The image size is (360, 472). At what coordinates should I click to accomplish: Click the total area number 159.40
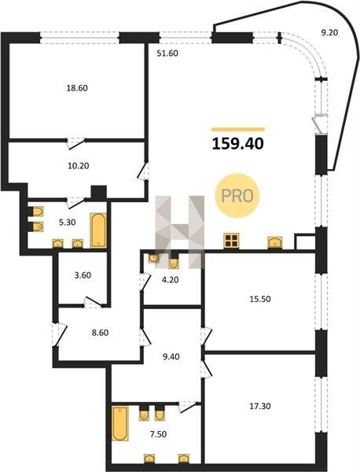(x=238, y=144)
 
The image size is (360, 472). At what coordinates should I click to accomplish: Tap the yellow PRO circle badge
(x=237, y=196)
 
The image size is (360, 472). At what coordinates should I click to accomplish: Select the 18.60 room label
(x=77, y=88)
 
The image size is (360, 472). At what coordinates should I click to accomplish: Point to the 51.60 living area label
(x=167, y=53)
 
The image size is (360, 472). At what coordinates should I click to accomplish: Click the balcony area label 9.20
(x=329, y=32)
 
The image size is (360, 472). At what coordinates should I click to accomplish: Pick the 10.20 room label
(x=78, y=165)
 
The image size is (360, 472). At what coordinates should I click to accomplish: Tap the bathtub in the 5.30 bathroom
(x=98, y=230)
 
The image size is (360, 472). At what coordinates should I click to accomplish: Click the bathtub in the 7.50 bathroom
(x=120, y=423)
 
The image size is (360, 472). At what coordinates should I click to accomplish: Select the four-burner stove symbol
(x=231, y=241)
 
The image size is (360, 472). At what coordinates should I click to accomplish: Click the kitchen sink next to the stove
(x=275, y=242)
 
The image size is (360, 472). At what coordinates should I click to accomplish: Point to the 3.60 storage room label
(x=83, y=275)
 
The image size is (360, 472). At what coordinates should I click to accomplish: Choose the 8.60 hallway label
(x=100, y=333)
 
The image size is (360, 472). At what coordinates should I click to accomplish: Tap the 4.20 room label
(x=171, y=280)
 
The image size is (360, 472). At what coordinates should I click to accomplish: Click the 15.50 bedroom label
(x=260, y=299)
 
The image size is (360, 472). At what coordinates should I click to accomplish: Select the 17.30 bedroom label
(x=260, y=406)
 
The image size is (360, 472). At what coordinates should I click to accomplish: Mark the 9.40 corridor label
(x=171, y=356)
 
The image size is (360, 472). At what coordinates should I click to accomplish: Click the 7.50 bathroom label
(x=158, y=434)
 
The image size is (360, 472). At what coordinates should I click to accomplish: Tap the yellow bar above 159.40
(x=238, y=130)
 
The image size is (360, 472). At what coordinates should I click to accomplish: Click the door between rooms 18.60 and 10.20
(x=75, y=142)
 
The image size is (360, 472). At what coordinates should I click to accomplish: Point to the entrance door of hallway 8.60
(x=59, y=334)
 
